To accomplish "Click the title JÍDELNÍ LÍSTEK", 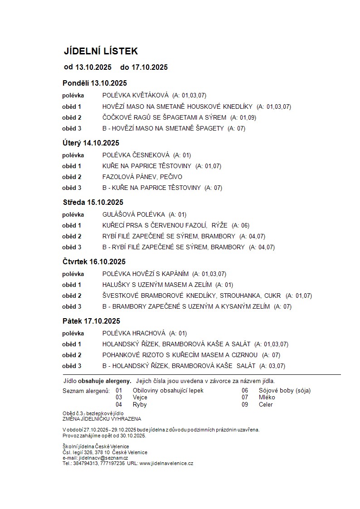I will [x=100, y=51].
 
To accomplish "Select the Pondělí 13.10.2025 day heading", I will [x=94, y=83].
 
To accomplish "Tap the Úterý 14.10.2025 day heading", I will [x=91, y=143].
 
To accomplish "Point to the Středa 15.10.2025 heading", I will [x=92, y=202].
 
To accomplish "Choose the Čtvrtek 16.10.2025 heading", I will [x=94, y=262].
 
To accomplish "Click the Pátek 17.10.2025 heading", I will [x=91, y=321].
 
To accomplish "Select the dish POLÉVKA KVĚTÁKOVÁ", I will [x=135, y=96].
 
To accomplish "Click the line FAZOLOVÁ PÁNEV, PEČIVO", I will [x=142, y=177].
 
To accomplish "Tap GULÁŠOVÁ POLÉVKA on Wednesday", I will [x=133, y=214].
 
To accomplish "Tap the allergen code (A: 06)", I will [x=240, y=225].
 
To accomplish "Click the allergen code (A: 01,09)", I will [x=243, y=117].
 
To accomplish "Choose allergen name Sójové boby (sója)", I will [x=284, y=390].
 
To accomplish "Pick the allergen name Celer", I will [x=266, y=404].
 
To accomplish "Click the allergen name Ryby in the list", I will [x=140, y=404].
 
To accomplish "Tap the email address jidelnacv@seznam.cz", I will [x=102, y=458].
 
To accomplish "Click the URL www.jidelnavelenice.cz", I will [x=166, y=463].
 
